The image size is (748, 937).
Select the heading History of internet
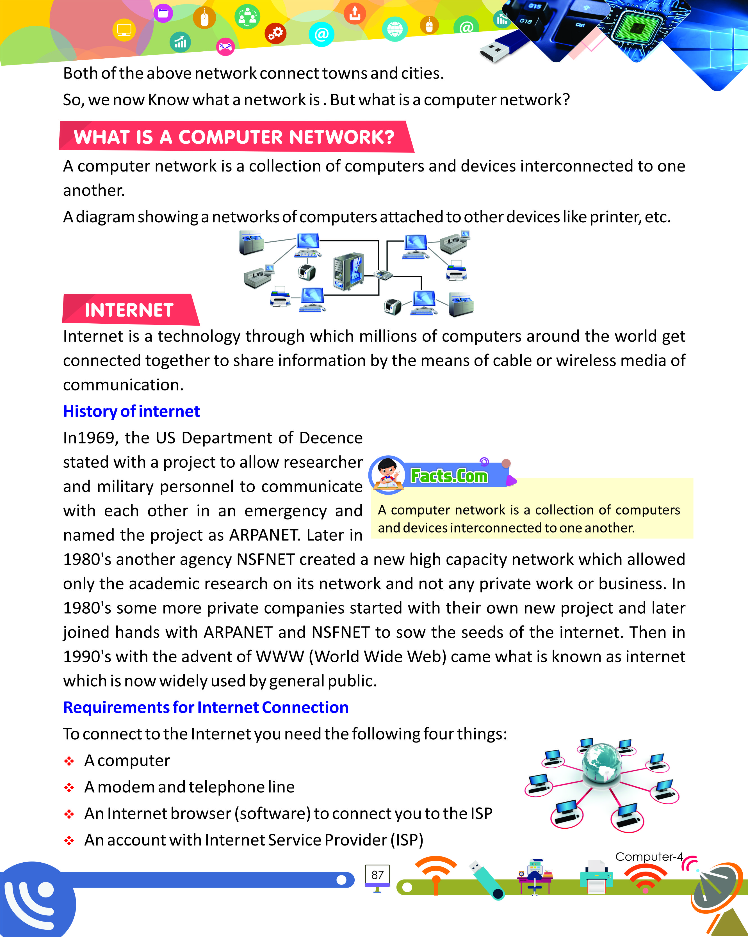pos(131,411)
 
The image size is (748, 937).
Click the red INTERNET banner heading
pos(129,310)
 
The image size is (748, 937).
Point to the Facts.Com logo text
pos(449,476)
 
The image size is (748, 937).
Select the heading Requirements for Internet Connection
pos(206,707)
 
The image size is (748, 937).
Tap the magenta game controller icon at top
pos(225,47)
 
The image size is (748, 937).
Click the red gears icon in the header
pos(275,33)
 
